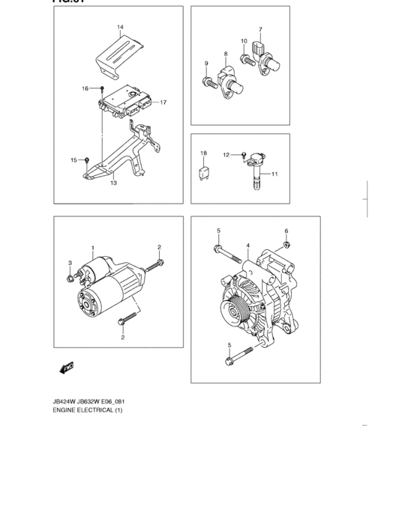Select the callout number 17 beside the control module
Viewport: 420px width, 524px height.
point(163,103)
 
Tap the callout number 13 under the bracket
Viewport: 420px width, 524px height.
point(113,182)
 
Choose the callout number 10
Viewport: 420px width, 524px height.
point(244,41)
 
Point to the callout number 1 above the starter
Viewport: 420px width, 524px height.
point(93,247)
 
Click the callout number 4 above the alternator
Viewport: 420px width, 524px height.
point(247,245)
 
